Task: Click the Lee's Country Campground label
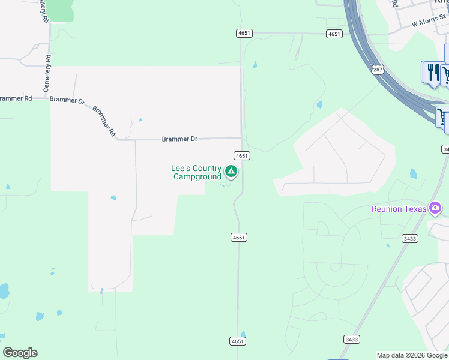(196, 173)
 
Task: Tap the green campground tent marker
(231, 173)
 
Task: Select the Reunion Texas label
(399, 209)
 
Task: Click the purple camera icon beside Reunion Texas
(435, 209)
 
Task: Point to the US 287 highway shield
(378, 70)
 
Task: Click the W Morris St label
(430, 23)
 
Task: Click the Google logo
(20, 353)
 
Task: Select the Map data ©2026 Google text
(412, 355)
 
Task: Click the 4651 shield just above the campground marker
(242, 155)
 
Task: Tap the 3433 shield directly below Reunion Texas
(393, 238)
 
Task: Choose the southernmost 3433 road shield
(352, 339)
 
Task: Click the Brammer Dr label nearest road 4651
(179, 139)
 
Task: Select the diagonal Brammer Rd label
(104, 121)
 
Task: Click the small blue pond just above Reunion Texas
(414, 174)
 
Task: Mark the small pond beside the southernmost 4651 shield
(243, 333)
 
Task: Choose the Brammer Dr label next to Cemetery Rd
(67, 100)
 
